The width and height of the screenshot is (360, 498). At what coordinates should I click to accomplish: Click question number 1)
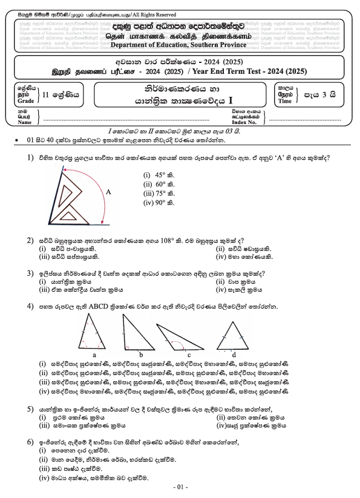[30, 158]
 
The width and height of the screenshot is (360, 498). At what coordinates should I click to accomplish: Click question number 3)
[30, 273]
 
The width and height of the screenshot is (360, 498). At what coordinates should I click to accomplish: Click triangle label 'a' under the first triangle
[95, 355]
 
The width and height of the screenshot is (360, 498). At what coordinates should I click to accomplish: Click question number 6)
[30, 444]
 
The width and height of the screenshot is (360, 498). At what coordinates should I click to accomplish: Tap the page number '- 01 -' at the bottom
[180, 487]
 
